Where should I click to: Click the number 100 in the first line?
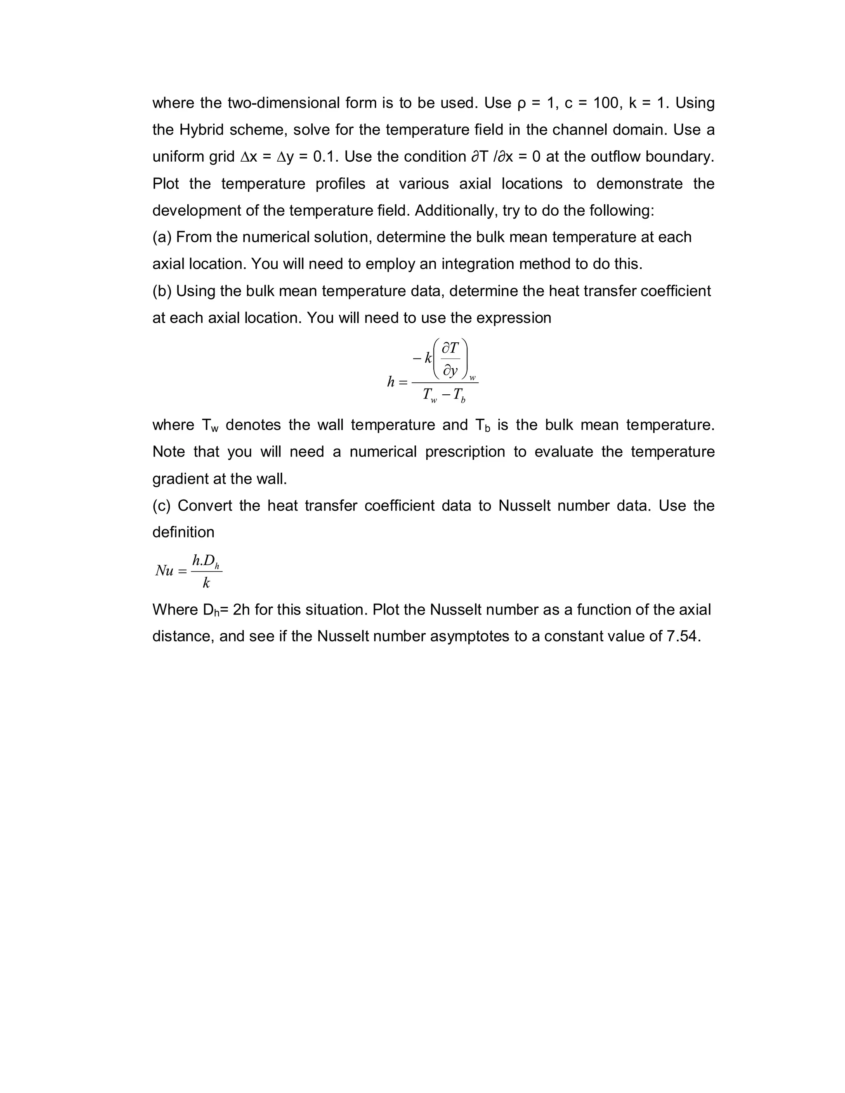605,103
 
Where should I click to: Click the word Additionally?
455,211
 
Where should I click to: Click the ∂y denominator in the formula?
451,370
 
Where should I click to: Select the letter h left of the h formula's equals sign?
391,382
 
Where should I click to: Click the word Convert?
205,506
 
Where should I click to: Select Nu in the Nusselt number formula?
164,570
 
